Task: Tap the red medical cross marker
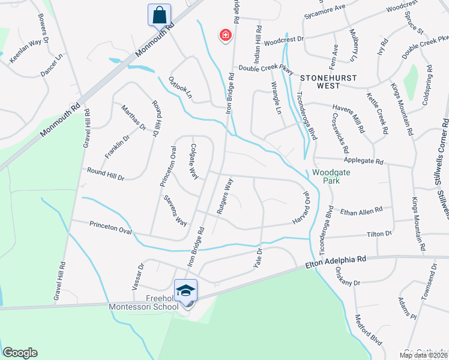pos(226,35)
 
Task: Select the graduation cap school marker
pos(186,291)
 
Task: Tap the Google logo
pos(20,353)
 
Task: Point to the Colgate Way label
pos(193,161)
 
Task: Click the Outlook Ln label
pos(180,88)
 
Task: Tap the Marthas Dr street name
pos(134,117)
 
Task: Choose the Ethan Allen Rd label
pos(361,211)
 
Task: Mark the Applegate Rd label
pos(363,161)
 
